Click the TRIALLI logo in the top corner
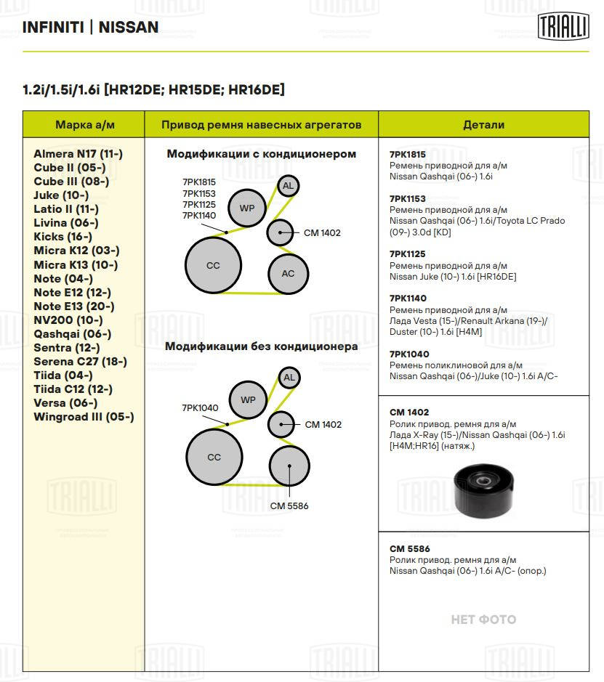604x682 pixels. pyautogui.click(x=563, y=27)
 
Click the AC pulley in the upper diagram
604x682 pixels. pyautogui.click(x=288, y=273)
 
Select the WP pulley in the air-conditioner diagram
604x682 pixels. pyautogui.click(x=247, y=208)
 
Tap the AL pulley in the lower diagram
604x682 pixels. pyautogui.click(x=289, y=378)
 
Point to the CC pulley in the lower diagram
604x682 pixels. pyautogui.click(x=214, y=458)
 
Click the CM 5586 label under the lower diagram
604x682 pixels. pyautogui.click(x=289, y=506)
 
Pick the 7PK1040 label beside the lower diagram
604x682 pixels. pyautogui.click(x=200, y=408)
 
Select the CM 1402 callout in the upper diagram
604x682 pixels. pyautogui.click(x=322, y=233)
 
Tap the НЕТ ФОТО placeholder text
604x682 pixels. pyautogui.click(x=483, y=620)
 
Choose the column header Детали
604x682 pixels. pyautogui.click(x=483, y=125)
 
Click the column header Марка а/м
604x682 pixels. pyautogui.click(x=85, y=125)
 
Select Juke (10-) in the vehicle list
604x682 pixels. pyautogui.click(x=61, y=195)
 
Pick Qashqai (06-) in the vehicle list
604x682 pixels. pyautogui.click(x=73, y=334)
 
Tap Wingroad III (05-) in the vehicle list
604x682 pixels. pyautogui.click(x=84, y=417)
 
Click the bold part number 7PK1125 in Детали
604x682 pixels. pyautogui.click(x=408, y=254)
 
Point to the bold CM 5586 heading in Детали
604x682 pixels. pyautogui.click(x=410, y=549)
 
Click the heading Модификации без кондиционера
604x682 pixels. pyautogui.click(x=261, y=346)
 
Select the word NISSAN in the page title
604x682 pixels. pyautogui.click(x=128, y=28)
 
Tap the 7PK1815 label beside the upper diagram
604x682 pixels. pyautogui.click(x=199, y=182)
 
